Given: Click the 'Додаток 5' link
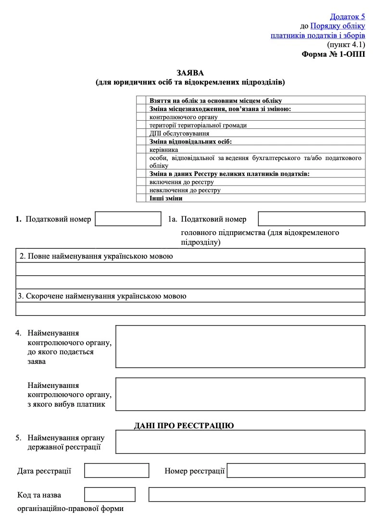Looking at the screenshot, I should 347,16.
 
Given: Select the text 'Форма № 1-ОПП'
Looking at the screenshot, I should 333,54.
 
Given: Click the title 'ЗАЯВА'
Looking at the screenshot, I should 190,73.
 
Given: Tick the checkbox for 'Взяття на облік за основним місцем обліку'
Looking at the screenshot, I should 141,101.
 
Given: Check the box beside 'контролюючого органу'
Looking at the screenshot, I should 141,117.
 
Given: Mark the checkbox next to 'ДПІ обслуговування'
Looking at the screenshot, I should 141,133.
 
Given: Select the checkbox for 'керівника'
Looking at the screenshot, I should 141,149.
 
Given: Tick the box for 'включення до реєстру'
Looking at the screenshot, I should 141,182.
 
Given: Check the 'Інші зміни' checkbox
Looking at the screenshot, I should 141,198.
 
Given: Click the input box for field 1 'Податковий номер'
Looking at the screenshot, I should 128,219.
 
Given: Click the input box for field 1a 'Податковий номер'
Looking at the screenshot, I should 312,219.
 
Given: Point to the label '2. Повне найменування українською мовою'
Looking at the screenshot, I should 96,256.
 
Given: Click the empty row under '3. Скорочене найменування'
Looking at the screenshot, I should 190,309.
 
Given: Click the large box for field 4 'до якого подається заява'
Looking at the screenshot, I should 240,346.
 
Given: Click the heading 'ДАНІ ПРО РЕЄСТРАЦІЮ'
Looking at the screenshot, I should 184,425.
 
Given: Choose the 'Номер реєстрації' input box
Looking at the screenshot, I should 296,470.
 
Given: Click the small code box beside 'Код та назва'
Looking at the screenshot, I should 110,494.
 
